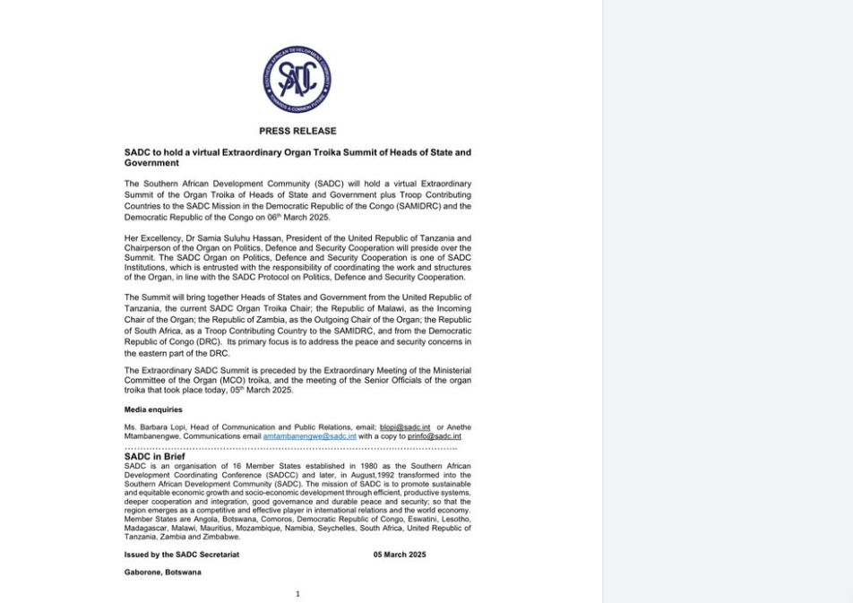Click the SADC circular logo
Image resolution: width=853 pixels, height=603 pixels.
click(x=297, y=80)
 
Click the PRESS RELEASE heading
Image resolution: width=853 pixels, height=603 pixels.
click(x=297, y=131)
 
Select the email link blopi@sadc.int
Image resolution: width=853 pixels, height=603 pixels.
click(x=405, y=427)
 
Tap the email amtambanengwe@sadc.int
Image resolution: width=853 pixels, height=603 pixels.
click(x=309, y=436)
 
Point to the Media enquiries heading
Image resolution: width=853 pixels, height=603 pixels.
click(x=153, y=410)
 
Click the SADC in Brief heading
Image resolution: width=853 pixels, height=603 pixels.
click(x=155, y=457)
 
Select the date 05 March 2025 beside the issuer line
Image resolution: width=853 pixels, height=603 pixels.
click(x=400, y=555)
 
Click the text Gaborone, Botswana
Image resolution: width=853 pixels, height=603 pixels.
click(x=162, y=572)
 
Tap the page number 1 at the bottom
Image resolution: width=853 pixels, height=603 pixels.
click(x=297, y=593)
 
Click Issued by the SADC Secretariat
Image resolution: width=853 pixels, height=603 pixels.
click(x=182, y=555)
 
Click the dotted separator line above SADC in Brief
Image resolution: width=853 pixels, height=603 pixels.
click(x=290, y=447)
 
